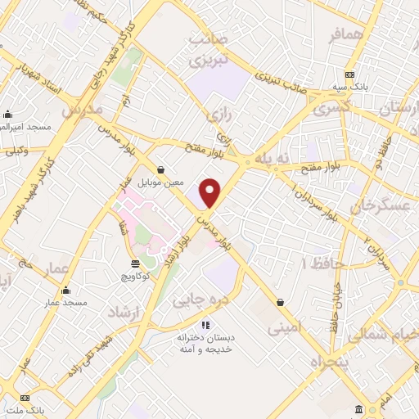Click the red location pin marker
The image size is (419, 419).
click(x=210, y=192)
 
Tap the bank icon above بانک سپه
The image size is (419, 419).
click(x=349, y=74)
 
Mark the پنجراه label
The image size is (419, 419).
click(x=328, y=360)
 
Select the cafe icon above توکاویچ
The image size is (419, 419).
click(x=134, y=263)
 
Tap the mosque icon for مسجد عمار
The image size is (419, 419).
click(x=65, y=290)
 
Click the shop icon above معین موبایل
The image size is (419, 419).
click(x=160, y=169)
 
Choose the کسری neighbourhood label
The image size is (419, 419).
click(x=334, y=106)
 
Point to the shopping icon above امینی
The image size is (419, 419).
click(x=281, y=301)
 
